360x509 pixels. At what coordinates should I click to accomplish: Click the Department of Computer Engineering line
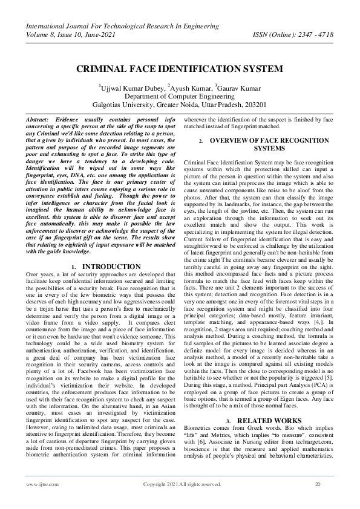(180, 96)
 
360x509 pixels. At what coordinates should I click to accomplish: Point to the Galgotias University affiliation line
(180, 105)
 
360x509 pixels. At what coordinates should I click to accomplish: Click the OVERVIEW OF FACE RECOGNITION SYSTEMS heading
(269, 144)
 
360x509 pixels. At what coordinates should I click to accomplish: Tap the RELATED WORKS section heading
(269, 436)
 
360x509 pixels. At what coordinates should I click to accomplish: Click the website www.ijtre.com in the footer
(38, 484)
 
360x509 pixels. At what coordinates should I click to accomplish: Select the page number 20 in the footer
(317, 484)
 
